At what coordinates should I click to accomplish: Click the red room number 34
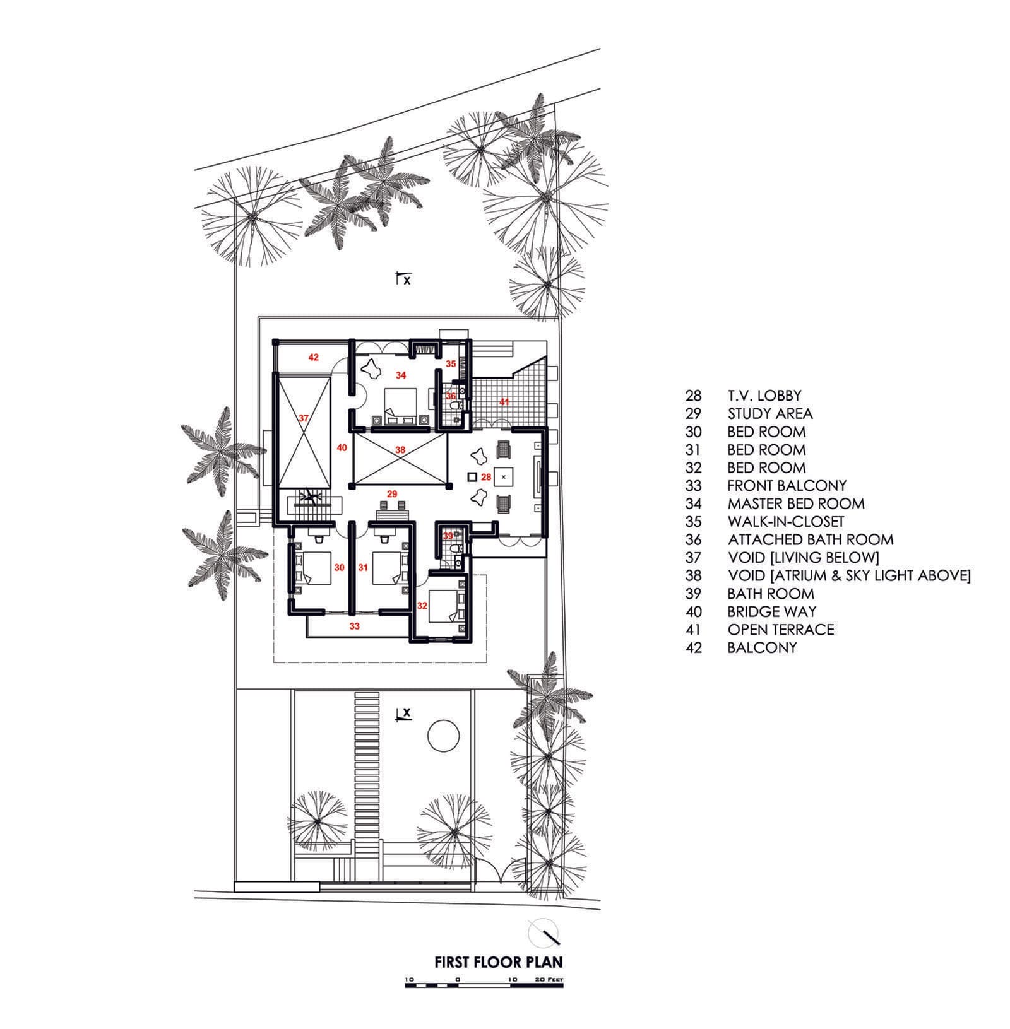point(401,375)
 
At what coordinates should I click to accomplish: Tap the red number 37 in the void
point(304,418)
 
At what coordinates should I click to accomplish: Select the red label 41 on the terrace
point(504,401)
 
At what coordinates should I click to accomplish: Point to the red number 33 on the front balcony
point(355,626)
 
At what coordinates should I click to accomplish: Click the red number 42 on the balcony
point(313,358)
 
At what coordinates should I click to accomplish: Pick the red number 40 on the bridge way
point(342,448)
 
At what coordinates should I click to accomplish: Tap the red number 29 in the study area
point(392,493)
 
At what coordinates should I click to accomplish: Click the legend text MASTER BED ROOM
point(795,504)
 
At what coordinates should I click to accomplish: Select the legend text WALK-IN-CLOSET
point(785,522)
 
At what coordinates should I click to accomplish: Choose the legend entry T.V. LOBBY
point(764,396)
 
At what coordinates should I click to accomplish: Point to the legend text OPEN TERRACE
point(780,630)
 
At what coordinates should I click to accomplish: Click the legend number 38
point(693,575)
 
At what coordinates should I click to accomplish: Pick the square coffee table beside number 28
point(503,477)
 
